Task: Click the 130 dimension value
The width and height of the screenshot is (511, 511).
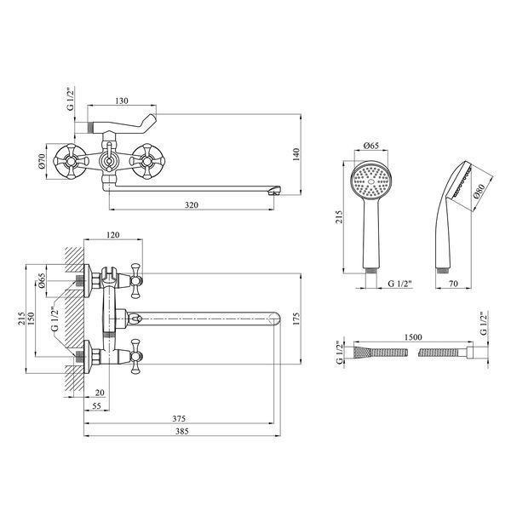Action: pos(122,100)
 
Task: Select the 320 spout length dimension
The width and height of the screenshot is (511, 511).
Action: pos(192,205)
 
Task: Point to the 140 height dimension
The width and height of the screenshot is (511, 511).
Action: pos(296,154)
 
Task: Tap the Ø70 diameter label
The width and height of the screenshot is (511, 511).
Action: pos(42,162)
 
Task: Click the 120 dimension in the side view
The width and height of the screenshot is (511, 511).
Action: pos(112,235)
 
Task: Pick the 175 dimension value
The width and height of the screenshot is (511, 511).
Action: pos(296,319)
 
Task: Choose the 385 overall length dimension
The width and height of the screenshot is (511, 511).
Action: pos(182,431)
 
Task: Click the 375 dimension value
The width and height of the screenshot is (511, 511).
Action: pos(179,418)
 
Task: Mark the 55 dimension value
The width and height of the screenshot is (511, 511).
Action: pos(97,405)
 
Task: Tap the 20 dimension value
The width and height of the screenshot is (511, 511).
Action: pos(100,393)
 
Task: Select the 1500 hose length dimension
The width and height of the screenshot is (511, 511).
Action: pos(413,337)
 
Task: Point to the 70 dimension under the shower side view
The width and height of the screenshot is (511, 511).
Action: pos(453,284)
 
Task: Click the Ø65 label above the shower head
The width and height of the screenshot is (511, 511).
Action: pos(370,146)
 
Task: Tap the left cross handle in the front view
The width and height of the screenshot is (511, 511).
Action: pos(71,161)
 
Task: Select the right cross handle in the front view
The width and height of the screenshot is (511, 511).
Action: pos(147,161)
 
